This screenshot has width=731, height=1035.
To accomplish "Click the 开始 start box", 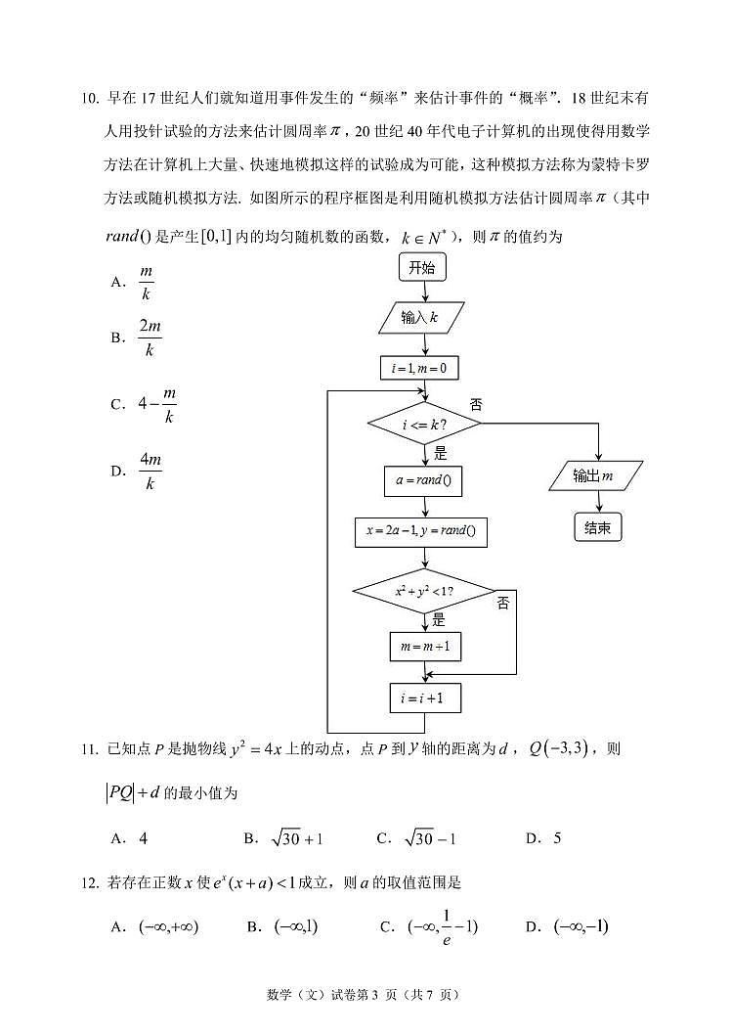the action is tap(422, 267).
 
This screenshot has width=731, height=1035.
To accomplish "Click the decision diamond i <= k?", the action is tap(424, 425).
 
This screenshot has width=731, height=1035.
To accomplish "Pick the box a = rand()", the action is tap(423, 480).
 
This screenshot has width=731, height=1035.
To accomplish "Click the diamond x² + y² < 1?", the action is tap(424, 591).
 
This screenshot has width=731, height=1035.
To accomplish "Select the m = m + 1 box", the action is tap(424, 647).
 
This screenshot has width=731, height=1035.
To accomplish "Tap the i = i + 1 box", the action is tap(424, 697).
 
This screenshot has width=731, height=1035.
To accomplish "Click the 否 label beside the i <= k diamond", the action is tap(476, 404).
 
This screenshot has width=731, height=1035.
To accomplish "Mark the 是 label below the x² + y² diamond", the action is tap(439, 619).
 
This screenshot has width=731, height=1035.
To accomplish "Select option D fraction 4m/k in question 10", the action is tap(150, 472).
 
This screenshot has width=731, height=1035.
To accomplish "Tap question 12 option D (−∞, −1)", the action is tap(580, 925).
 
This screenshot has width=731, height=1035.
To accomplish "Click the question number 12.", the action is tap(88, 882).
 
